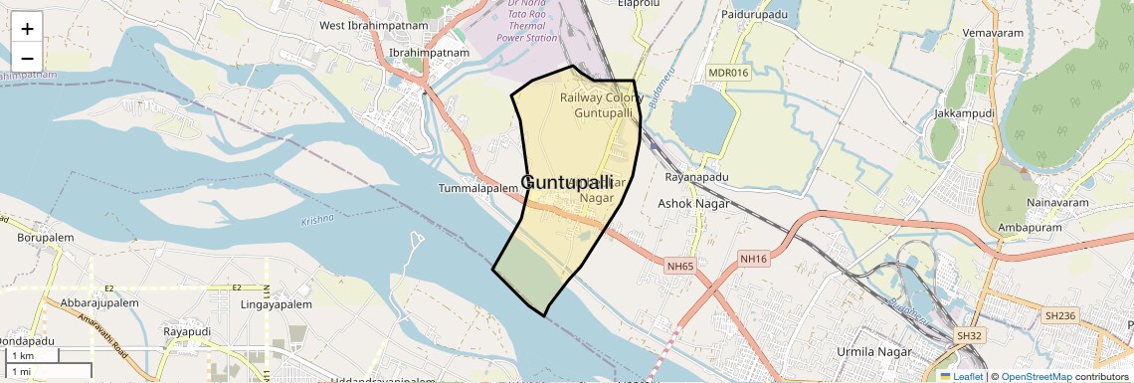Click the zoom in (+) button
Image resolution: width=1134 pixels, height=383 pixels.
click(27, 29)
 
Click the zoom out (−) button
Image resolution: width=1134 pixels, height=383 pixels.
click(27, 58)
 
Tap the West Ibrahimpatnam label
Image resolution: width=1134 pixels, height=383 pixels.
click(373, 25)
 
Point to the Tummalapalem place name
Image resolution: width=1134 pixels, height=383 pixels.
click(478, 188)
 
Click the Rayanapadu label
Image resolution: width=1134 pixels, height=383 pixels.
click(696, 177)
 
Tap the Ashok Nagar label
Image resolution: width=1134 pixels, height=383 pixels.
click(694, 203)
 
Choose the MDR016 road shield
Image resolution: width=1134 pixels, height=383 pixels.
click(728, 73)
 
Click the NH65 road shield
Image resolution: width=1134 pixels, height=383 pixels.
click(680, 266)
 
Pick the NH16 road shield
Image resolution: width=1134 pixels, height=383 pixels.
click(754, 259)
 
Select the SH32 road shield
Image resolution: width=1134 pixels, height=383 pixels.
click(968, 336)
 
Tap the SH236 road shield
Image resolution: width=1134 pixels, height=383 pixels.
click(1060, 315)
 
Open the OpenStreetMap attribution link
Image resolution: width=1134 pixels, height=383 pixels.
click(1036, 376)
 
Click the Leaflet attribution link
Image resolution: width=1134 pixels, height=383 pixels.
click(961, 376)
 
